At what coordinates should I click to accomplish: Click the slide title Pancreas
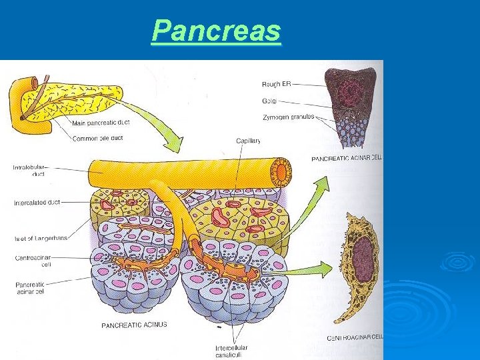(x=216, y=31)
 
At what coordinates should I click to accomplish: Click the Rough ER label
(x=276, y=84)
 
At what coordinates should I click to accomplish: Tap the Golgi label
(x=269, y=101)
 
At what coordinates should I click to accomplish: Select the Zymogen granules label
(x=288, y=117)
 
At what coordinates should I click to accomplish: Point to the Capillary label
(x=249, y=141)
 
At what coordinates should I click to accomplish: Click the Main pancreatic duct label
(x=100, y=122)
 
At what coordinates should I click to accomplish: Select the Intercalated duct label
(x=37, y=202)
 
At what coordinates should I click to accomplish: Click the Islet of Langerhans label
(x=40, y=238)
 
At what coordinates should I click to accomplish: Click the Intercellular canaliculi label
(x=231, y=351)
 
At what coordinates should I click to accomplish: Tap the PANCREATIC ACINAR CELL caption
(x=347, y=158)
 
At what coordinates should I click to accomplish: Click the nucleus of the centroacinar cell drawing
(x=362, y=256)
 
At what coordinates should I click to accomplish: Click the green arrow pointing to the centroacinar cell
(x=307, y=270)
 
